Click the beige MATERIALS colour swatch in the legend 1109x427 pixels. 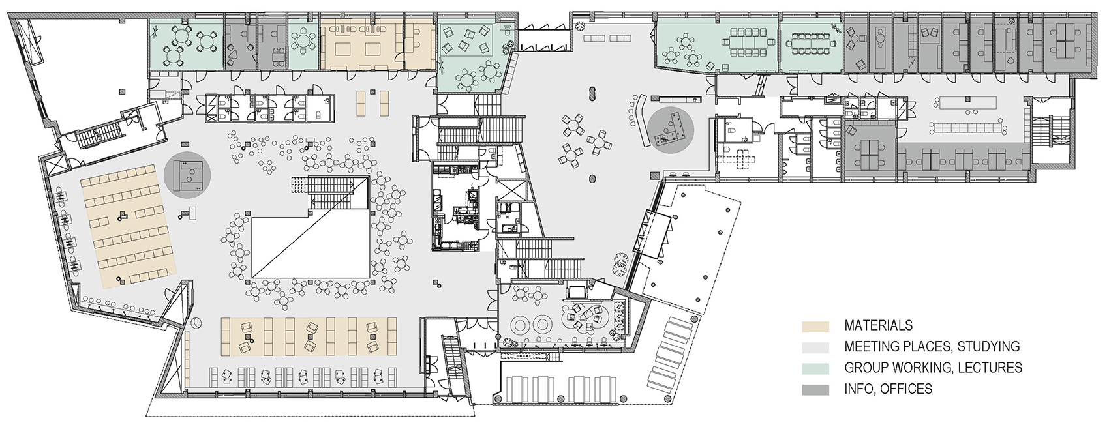[x=815, y=326]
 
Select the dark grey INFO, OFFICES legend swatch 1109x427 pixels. [x=815, y=389]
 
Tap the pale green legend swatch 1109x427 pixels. [x=815, y=368]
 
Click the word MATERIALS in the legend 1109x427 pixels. [x=878, y=325]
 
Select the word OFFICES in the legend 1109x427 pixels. [x=909, y=389]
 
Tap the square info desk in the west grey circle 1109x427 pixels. [x=187, y=175]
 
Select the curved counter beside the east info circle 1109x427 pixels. [x=640, y=121]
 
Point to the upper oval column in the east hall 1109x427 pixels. [x=592, y=93]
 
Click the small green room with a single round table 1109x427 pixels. [x=303, y=44]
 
